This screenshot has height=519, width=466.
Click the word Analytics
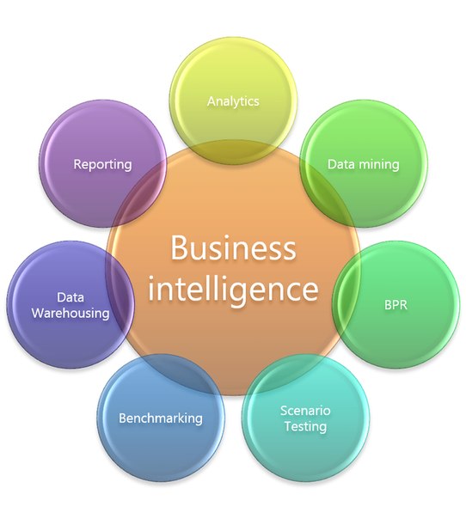[x=233, y=101]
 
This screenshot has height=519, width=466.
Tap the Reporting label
[x=102, y=164]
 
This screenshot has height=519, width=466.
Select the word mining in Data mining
[x=379, y=164]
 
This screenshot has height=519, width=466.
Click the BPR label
[x=395, y=304]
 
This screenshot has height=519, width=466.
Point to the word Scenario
[x=305, y=411]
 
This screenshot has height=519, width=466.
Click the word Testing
[x=305, y=426]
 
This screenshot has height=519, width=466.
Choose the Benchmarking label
[x=161, y=418]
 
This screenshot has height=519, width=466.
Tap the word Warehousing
[x=71, y=314]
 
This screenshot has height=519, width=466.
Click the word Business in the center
[x=233, y=248]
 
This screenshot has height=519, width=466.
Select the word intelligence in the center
[x=233, y=289]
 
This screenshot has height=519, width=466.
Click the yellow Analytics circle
[x=233, y=101]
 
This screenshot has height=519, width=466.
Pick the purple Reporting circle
[x=102, y=164]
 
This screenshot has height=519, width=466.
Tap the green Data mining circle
[x=364, y=164]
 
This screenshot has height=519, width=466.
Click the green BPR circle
[x=396, y=305]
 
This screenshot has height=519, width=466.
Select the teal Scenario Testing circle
[x=306, y=418]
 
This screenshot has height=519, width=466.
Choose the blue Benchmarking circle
[x=161, y=418]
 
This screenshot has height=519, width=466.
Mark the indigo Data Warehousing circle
[x=71, y=305]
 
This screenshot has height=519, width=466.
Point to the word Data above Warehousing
[x=71, y=297]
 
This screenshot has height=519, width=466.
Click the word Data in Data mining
[x=341, y=164]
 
